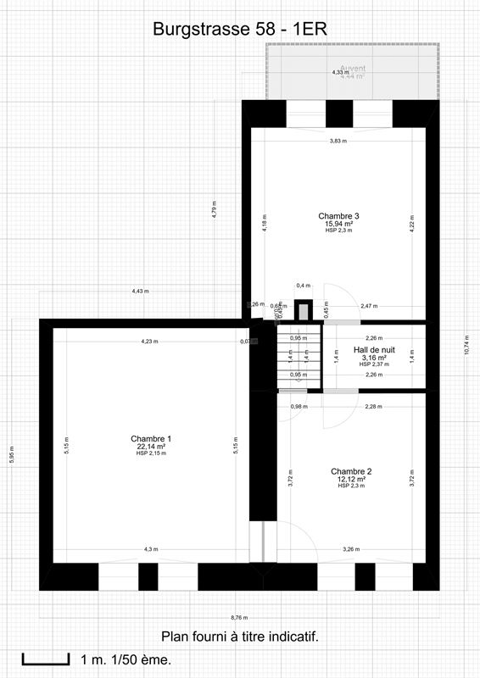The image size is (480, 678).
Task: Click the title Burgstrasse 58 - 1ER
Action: click(240, 29)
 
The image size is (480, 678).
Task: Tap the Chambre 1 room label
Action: click(148, 438)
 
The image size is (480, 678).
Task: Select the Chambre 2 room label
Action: click(351, 471)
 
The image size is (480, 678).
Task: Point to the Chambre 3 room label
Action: click(339, 215)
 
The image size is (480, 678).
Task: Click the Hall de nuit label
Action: click(374, 349)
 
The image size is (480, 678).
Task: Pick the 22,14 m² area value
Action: click(148, 447)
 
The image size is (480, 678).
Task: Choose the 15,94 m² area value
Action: click(339, 224)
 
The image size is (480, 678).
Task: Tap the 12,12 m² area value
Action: click(351, 479)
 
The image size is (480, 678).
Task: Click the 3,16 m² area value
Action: click(374, 358)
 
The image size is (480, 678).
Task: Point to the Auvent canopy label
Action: click(352, 69)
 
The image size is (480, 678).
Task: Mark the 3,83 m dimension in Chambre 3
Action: click(338, 142)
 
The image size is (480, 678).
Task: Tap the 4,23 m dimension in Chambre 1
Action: click(150, 342)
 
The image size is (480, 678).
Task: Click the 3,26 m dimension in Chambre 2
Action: click(351, 549)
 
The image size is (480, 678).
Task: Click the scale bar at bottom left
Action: click(46, 659)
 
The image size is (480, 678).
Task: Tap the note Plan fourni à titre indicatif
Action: click(240, 636)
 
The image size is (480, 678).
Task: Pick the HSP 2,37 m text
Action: click(374, 364)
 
